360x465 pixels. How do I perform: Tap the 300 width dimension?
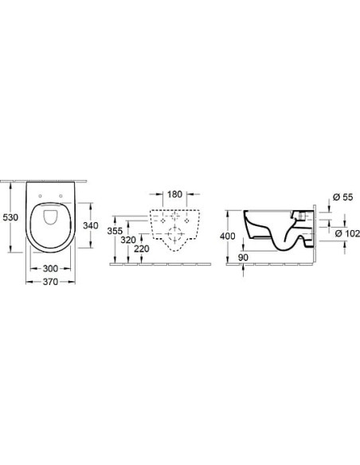pyautogui.click(x=52, y=270)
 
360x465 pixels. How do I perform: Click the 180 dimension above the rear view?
pyautogui.click(x=175, y=194)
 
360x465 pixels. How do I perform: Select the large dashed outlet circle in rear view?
pyautogui.click(x=176, y=232)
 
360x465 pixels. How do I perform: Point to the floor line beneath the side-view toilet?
pyautogui.click(x=279, y=264)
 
